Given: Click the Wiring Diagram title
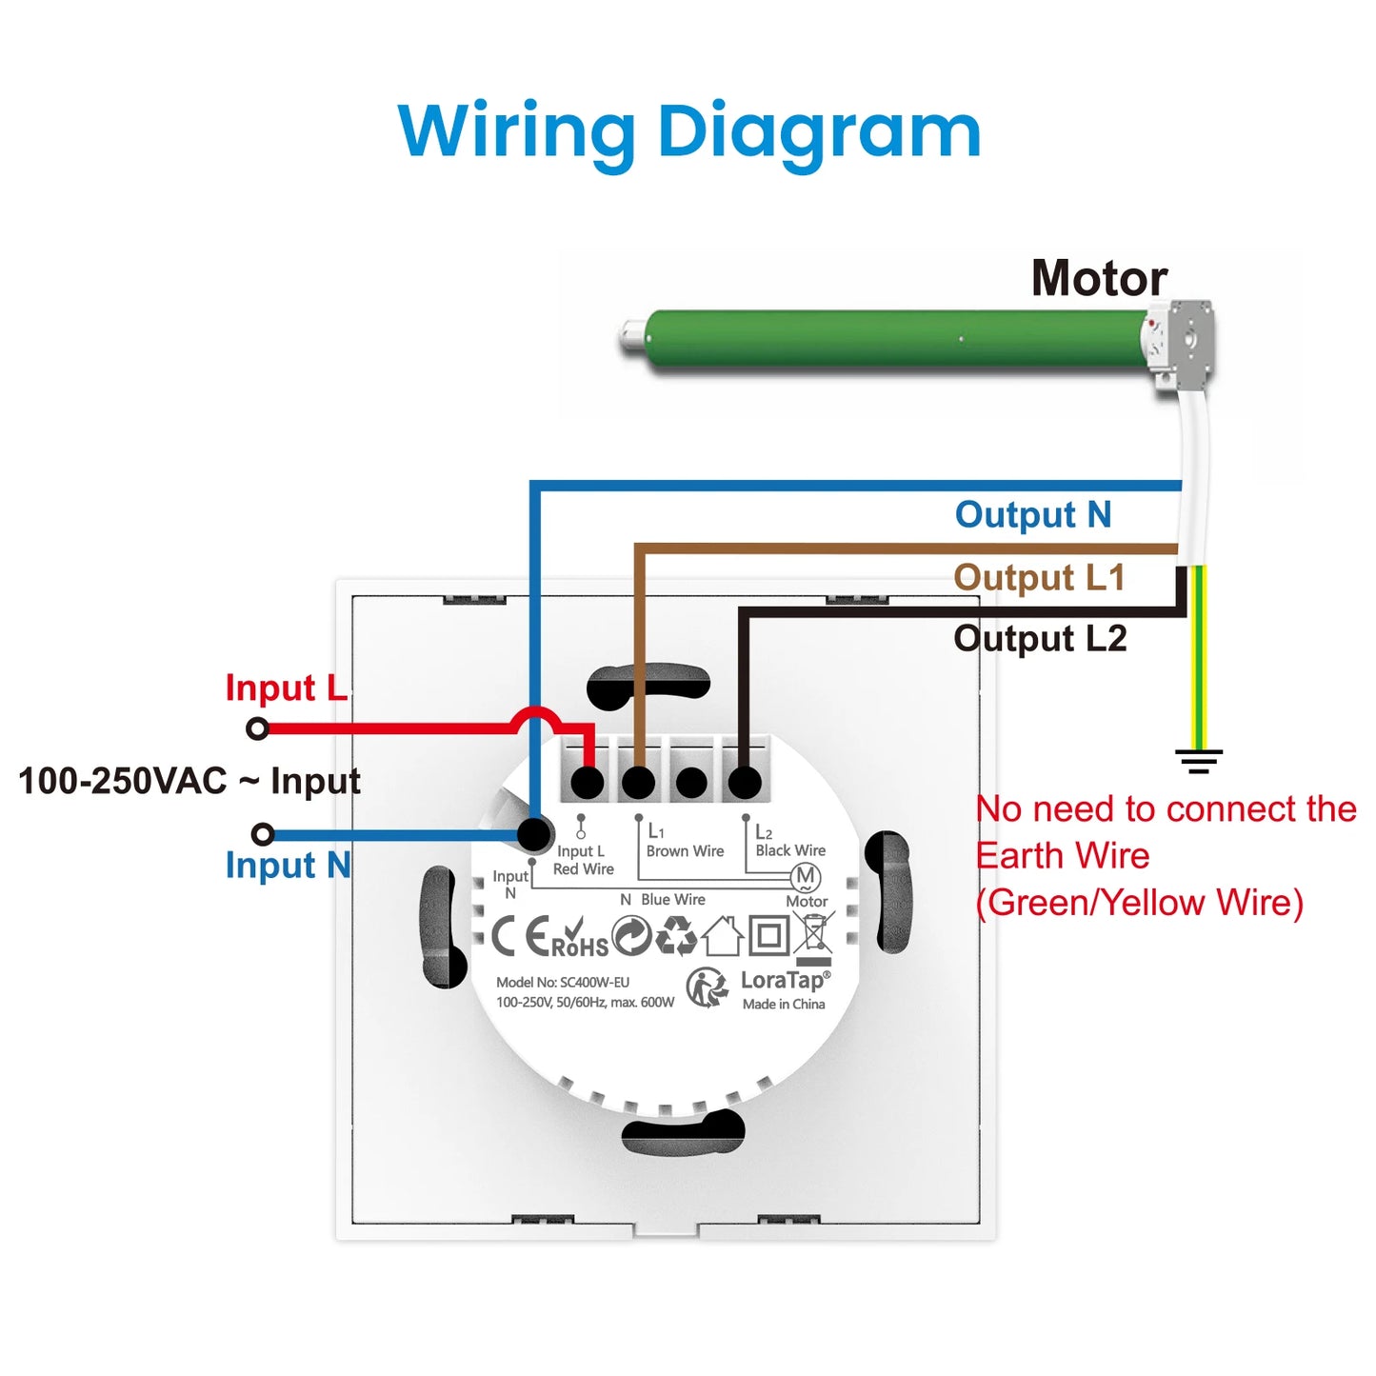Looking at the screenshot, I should (688, 131).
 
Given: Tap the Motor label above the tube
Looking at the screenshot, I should (1099, 278).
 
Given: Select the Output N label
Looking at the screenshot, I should (1033, 514).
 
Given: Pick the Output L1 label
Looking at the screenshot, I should (1039, 577).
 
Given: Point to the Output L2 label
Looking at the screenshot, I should (1040, 638).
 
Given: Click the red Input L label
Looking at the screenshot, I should (286, 688).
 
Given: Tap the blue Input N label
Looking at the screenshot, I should (288, 866).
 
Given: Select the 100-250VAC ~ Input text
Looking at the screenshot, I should (189, 781).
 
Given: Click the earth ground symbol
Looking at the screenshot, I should (1199, 760).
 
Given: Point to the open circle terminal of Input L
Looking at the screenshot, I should (257, 729).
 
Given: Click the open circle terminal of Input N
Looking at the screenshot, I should (263, 835).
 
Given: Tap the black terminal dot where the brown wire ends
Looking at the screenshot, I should (638, 783).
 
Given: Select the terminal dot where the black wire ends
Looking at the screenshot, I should (745, 783).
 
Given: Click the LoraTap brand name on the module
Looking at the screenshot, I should (784, 980).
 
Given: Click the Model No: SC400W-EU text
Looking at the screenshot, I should (562, 982).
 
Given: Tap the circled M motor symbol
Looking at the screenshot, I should (806, 876).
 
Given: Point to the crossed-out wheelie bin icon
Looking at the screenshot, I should (815, 932).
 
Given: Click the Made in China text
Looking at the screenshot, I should (784, 1005).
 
